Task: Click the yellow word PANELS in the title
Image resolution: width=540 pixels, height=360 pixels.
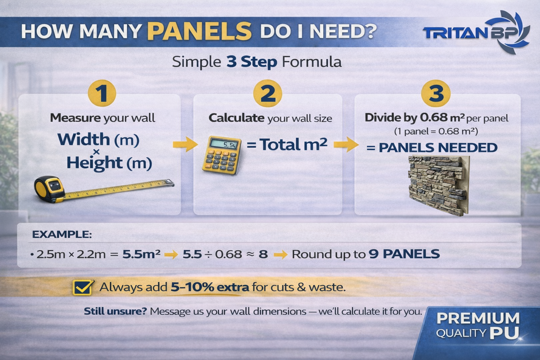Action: pos(199,31)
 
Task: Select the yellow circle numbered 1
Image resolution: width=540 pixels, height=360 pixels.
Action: pos(102,93)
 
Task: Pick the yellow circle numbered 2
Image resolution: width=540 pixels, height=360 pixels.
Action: pos(268,93)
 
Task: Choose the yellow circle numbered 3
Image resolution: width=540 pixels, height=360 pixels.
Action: pos(436,93)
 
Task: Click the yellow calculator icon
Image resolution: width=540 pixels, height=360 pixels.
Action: pos(222,155)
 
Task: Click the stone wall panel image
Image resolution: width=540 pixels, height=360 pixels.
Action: pos(439,185)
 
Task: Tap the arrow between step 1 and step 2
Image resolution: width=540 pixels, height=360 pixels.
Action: pos(185,144)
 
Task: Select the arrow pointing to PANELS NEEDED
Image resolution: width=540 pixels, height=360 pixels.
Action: pos(346,144)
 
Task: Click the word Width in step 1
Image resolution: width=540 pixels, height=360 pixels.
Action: pos(84,139)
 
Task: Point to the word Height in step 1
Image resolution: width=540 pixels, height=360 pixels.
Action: pos(95,163)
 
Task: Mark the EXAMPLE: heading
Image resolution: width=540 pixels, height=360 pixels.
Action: pos(62,234)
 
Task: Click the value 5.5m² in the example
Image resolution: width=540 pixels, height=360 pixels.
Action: pos(141,254)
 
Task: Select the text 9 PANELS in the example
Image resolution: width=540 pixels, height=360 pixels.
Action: pos(404,254)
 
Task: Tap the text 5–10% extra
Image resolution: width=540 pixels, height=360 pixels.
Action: pos(210,287)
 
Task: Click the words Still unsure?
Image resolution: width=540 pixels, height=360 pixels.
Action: pos(115,311)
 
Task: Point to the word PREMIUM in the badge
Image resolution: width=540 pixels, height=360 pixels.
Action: pos(478,318)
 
